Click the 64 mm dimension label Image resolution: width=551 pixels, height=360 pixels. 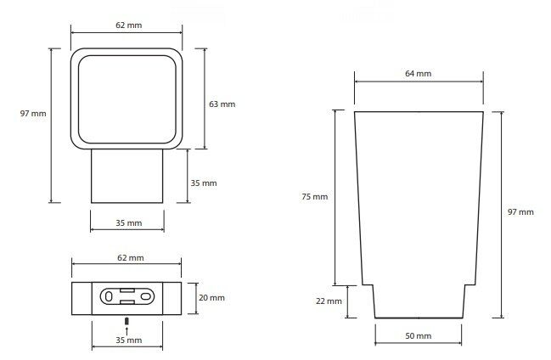(x=418, y=74)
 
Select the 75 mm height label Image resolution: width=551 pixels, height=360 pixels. (x=314, y=196)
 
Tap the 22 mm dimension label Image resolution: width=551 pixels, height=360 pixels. (x=329, y=301)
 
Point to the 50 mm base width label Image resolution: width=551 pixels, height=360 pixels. (x=419, y=336)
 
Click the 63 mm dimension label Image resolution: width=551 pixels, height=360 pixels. (x=222, y=104)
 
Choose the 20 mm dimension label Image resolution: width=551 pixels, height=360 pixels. (x=211, y=298)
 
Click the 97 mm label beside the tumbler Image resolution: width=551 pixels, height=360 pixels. (x=520, y=212)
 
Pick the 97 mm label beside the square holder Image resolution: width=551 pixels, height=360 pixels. (x=33, y=114)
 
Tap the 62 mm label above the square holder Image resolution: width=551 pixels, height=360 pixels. (x=129, y=25)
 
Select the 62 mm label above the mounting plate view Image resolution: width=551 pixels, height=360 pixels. (x=131, y=258)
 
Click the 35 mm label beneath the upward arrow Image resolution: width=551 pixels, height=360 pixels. (x=129, y=340)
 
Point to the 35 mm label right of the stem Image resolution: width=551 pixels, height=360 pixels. (x=204, y=183)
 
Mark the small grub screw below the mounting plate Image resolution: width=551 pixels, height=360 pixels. (x=127, y=321)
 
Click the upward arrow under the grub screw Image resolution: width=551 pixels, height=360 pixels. (x=127, y=331)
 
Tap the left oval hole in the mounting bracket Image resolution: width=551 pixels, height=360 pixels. (x=109, y=296)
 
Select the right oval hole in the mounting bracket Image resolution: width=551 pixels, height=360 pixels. (x=145, y=296)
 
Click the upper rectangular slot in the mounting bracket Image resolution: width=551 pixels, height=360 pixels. (x=127, y=290)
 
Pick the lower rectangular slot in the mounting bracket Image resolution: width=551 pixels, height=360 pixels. (x=127, y=302)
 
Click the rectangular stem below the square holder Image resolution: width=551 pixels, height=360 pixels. (x=127, y=176)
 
